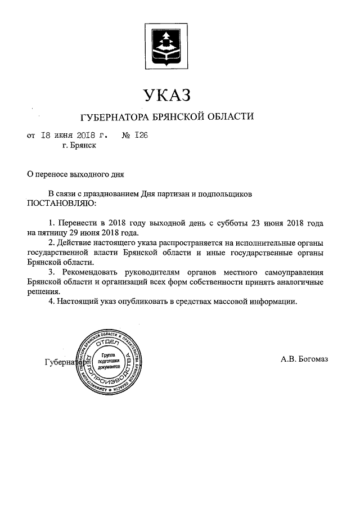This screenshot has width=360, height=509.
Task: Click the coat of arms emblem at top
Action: pos(168,44)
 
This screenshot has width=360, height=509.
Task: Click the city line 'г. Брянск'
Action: pos(79,145)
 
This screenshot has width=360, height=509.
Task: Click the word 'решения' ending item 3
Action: pos(43,291)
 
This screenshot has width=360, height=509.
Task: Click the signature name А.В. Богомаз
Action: pos(304,359)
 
